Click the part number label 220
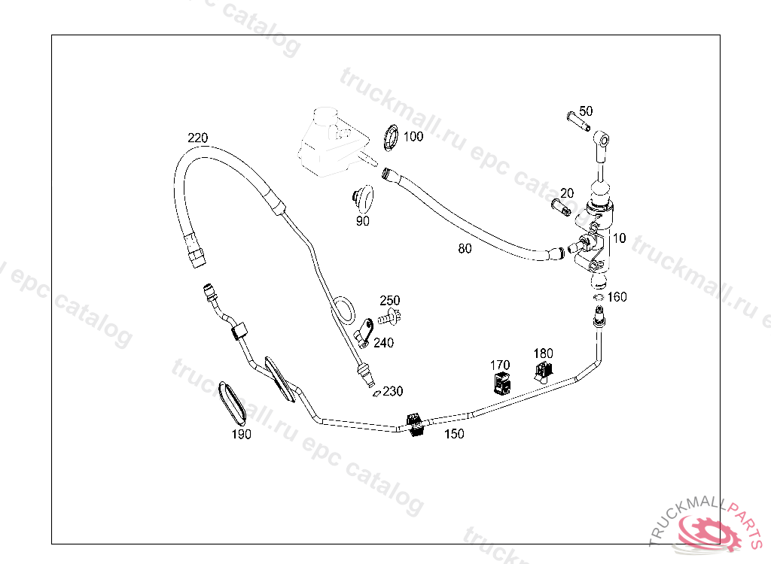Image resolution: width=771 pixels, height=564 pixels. click(x=198, y=138)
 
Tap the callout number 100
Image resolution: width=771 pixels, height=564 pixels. click(x=413, y=136)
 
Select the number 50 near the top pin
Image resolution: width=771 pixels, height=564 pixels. click(x=586, y=111)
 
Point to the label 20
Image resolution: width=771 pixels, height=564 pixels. click(x=567, y=193)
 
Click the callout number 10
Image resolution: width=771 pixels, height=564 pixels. click(x=619, y=238)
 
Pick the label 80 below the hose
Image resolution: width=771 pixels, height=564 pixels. click(x=465, y=249)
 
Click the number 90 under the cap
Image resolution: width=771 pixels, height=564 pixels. click(x=363, y=221)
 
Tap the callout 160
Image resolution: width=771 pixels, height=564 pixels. click(x=617, y=297)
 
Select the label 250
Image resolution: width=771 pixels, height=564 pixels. click(x=390, y=300)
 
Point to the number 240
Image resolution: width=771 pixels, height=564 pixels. click(x=383, y=342)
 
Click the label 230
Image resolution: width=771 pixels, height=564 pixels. click(x=393, y=391)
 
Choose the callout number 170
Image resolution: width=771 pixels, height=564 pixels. click(x=500, y=365)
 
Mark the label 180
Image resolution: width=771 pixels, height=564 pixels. click(x=543, y=353)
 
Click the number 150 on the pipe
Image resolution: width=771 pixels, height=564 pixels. click(x=454, y=434)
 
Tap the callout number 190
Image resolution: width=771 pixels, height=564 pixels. click(x=241, y=435)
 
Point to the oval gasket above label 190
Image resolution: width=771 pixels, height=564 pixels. click(x=232, y=402)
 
